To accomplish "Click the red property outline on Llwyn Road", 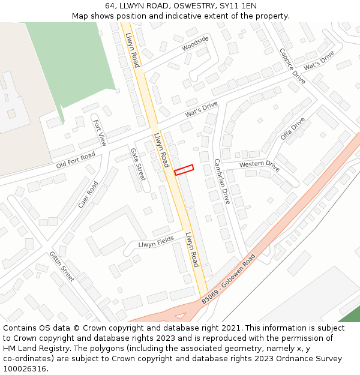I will click(184, 170).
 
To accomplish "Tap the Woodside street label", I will click(195, 43).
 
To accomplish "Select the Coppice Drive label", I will click(292, 66).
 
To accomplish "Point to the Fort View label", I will click(100, 133).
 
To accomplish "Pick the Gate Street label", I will click(138, 164).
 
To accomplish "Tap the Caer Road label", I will click(88, 194).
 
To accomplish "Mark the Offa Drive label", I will click(293, 128).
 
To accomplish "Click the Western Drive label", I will click(259, 164).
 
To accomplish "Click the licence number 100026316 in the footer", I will click(25, 368).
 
